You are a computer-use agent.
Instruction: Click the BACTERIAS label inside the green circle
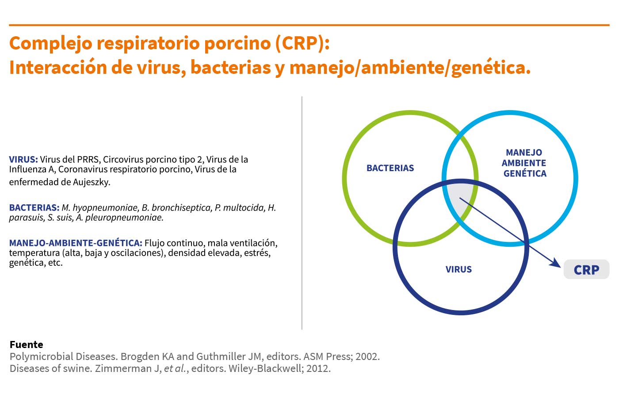pos(390,168)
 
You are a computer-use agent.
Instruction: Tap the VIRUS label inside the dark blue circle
pos(459,269)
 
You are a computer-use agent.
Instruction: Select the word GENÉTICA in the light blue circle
pos(525,173)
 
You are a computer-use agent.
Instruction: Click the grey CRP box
pos(586,269)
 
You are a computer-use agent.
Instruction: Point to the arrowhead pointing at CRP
pos(555,264)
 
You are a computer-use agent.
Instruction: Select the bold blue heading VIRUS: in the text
pos(23,160)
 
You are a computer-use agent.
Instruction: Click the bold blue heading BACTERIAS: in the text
pos(34,207)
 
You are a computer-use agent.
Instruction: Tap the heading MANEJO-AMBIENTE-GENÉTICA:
pos(76,243)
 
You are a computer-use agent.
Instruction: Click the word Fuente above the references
pos(26,344)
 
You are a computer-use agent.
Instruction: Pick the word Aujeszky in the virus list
pos(91,182)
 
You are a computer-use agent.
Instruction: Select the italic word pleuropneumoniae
pos(124,218)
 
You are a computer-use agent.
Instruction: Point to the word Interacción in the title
pos(58,67)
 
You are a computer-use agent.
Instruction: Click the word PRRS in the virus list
pos(88,160)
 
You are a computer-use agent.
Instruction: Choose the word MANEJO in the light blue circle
pos(524,152)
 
